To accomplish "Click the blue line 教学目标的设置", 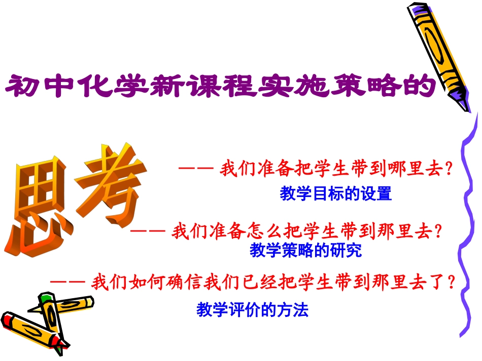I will click(x=335, y=193).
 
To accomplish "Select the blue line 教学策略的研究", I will click(x=305, y=250).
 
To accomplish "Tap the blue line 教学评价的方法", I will click(x=252, y=309).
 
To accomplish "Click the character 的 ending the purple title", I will click(x=421, y=85).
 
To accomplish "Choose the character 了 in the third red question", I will click(x=434, y=282).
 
